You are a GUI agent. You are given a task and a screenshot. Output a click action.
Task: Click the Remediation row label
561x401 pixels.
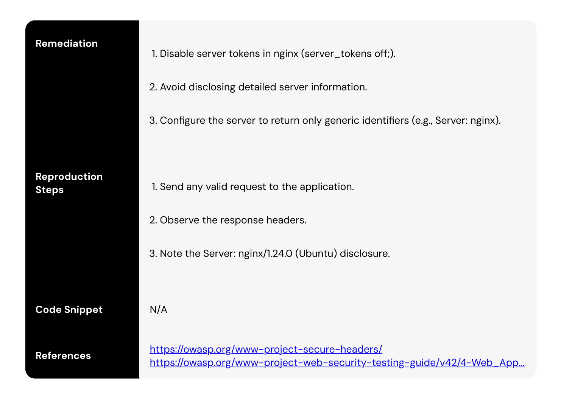pyautogui.click(x=67, y=44)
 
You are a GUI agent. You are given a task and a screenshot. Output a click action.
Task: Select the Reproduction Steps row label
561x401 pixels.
pyautogui.click(x=69, y=183)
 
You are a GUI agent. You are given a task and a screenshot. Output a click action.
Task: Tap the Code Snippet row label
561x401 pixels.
pyautogui.click(x=69, y=309)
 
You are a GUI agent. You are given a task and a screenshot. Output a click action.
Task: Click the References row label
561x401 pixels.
pyautogui.click(x=63, y=356)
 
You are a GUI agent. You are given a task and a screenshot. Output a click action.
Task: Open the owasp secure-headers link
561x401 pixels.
pyautogui.click(x=266, y=349)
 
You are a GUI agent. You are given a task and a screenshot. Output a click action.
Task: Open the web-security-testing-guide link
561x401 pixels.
pyautogui.click(x=337, y=362)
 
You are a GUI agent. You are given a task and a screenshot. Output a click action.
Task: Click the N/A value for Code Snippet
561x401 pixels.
pyautogui.click(x=158, y=309)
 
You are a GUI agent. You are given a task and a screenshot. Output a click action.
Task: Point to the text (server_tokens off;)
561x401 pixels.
pyautogui.click(x=348, y=54)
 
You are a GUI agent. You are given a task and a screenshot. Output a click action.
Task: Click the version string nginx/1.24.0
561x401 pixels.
pyautogui.click(x=265, y=253)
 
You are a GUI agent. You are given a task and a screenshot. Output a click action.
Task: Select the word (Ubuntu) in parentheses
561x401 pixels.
pyautogui.click(x=316, y=253)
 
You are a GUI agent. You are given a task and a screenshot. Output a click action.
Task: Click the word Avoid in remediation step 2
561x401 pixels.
pyautogui.click(x=173, y=87)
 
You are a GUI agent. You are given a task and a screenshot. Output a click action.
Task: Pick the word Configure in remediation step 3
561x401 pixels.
pyautogui.click(x=182, y=120)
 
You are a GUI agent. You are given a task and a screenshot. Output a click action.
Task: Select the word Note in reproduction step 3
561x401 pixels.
pyautogui.click(x=171, y=253)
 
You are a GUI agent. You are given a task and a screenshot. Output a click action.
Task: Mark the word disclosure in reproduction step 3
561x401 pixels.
pyautogui.click(x=365, y=253)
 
